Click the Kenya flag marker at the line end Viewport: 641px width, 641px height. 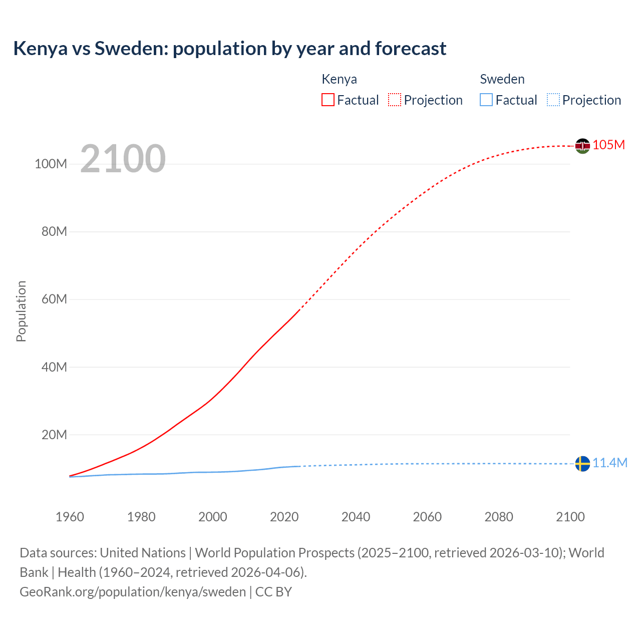tap(582, 146)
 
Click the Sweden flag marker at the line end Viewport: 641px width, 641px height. tap(582, 464)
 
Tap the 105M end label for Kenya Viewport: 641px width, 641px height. tap(609, 145)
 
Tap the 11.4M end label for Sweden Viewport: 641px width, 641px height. tap(610, 463)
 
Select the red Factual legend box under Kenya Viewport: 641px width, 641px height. tap(328, 100)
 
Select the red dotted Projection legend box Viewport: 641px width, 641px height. tap(395, 100)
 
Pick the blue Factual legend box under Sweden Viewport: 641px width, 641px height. tap(486, 100)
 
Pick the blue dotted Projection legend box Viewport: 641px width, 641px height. tap(553, 100)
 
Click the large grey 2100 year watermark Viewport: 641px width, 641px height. tap(123, 159)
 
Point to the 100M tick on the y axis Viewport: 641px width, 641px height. tap(51, 164)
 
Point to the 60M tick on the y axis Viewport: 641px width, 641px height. tap(54, 299)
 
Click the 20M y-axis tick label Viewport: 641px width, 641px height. tap(54, 435)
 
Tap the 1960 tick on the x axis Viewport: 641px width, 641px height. tap(70, 517)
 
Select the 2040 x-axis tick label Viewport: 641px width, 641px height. tap(356, 517)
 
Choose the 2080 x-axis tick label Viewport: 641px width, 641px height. tap(499, 517)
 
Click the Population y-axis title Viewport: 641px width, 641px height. tap(21, 311)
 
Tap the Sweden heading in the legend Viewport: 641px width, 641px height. tap(502, 79)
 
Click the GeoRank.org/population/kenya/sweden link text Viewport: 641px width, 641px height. tap(133, 592)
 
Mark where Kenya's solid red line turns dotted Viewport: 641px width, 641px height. tap(299, 310)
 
